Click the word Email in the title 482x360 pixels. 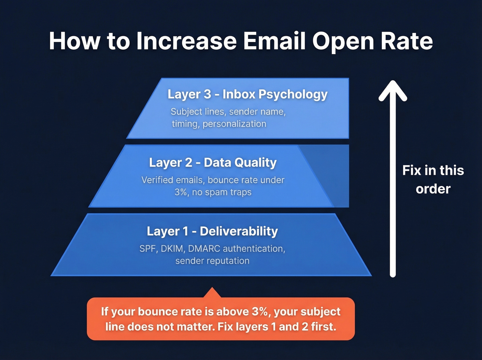[x=274, y=41]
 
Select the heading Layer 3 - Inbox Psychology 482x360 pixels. [x=247, y=94]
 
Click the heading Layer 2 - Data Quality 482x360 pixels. [x=212, y=163]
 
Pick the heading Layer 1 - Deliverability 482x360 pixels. [x=212, y=231]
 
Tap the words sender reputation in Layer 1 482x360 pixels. [x=212, y=261]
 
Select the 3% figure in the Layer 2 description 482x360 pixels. [x=181, y=192]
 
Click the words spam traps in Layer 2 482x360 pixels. [x=232, y=192]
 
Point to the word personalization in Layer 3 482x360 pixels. [x=234, y=124]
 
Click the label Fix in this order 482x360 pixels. [x=433, y=179]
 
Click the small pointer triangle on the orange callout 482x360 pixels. [x=212, y=293]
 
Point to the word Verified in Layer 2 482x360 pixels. [x=157, y=180]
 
